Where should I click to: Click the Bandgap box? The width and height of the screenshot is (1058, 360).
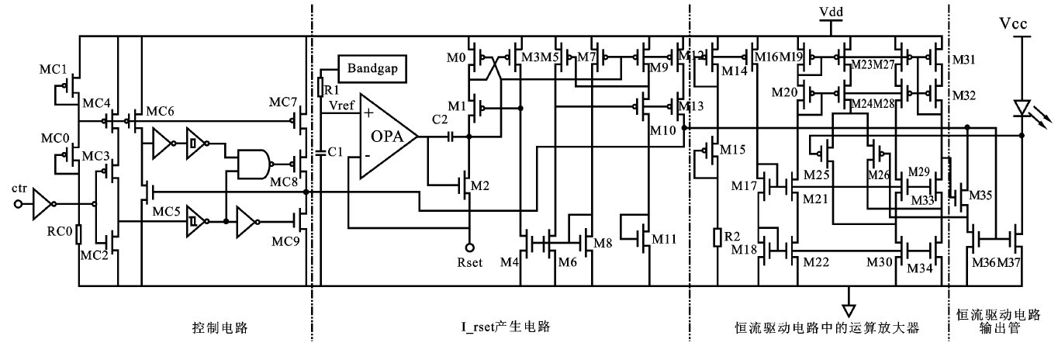[372, 67]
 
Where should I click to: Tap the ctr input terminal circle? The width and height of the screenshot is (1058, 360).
[19, 205]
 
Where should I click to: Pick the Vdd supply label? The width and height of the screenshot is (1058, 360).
[831, 12]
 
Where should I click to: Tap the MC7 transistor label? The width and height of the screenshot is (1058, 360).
[282, 102]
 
